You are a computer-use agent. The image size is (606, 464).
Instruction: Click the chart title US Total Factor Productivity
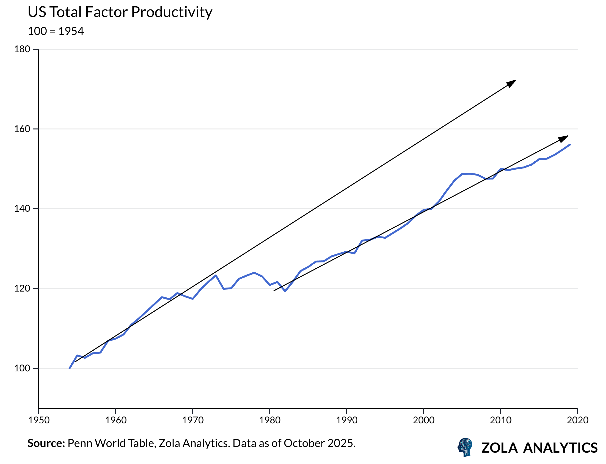120,12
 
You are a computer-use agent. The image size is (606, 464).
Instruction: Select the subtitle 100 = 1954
56,31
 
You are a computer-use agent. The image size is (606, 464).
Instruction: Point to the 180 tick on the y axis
22,49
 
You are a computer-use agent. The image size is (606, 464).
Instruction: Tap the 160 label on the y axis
22,129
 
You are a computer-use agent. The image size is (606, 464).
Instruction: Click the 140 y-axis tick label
22,209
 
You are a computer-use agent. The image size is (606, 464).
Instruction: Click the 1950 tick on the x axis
39,420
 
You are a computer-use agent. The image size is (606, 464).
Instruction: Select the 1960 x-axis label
116,420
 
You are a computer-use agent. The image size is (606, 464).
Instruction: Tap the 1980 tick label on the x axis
270,420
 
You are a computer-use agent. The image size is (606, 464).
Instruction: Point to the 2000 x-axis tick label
424,420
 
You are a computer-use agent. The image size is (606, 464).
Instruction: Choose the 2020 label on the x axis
578,420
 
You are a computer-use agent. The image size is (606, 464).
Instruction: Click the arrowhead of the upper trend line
512,83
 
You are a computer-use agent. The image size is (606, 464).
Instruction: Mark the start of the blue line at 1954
70,368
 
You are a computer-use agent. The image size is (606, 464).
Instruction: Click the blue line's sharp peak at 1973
216,275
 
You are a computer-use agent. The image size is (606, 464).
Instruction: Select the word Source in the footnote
46,443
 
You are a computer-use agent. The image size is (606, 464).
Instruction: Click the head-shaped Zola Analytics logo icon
465,447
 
